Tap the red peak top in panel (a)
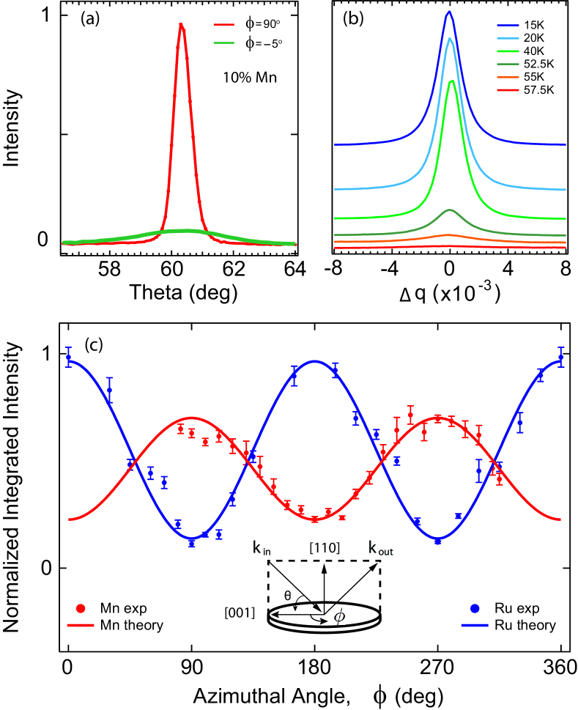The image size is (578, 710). [180, 23]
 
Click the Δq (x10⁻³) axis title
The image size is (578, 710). [449, 295]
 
